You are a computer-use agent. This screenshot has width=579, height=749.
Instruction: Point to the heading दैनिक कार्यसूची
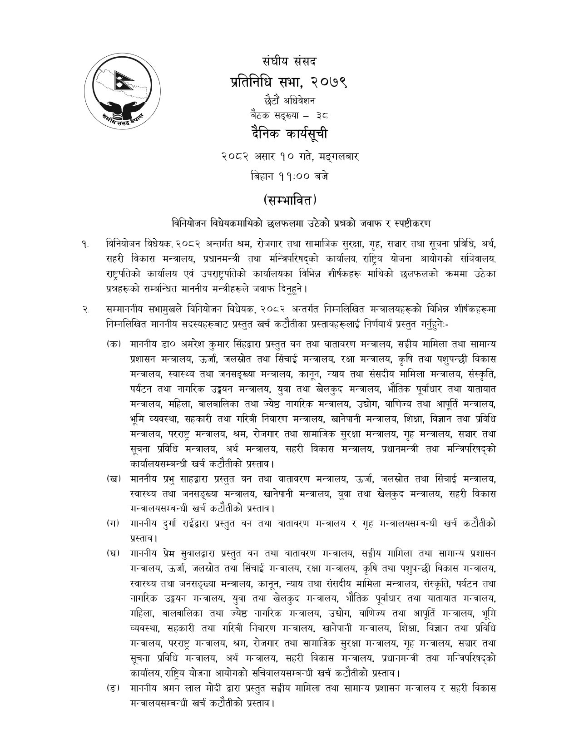pyautogui.click(x=289, y=135)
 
